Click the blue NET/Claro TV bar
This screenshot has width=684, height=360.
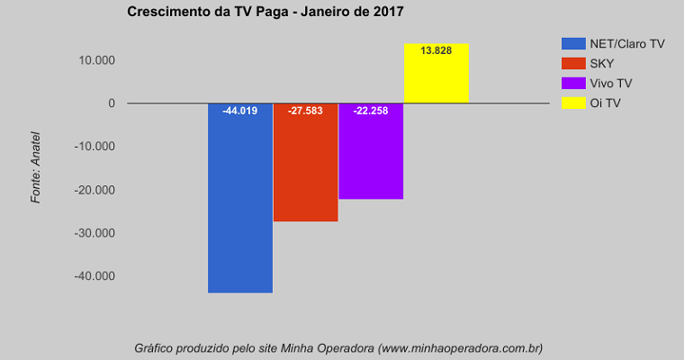[x=240, y=207]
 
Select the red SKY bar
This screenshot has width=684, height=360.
[x=306, y=171]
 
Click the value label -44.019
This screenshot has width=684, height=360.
[x=240, y=112]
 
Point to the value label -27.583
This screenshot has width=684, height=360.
[x=306, y=112]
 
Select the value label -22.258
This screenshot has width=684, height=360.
[x=371, y=112]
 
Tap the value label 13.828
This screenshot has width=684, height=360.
[x=436, y=50]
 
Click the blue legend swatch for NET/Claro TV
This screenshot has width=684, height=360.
[x=573, y=43]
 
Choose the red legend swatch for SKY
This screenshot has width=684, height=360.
[x=573, y=63]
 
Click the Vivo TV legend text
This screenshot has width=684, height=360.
[x=611, y=83]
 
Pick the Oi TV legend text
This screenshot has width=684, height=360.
[x=605, y=103]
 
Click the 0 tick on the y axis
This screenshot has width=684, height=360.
[x=112, y=103]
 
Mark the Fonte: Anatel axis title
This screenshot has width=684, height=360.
[x=36, y=169]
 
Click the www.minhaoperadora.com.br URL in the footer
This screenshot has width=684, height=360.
[x=460, y=347]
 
